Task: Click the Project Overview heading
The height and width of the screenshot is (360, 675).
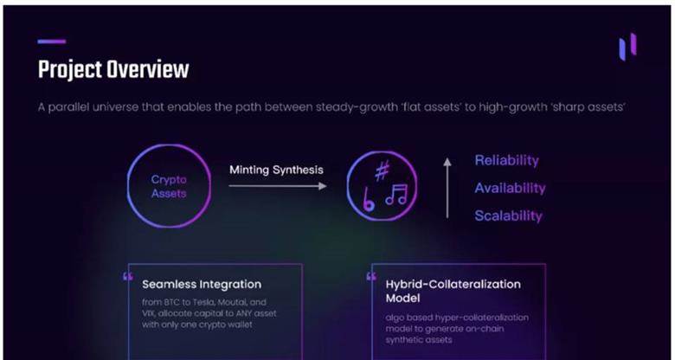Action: (113, 70)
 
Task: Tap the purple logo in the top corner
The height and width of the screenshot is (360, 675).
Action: (627, 47)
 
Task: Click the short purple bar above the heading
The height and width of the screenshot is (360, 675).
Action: (52, 42)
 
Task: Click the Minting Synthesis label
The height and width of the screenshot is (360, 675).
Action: (276, 170)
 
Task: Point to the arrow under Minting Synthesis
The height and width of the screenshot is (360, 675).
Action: (278, 186)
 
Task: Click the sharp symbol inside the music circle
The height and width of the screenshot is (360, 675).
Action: (382, 170)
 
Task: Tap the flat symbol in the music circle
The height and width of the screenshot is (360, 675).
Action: (368, 199)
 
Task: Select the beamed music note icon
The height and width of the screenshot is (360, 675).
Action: (396, 195)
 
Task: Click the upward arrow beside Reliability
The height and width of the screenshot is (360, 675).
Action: (447, 188)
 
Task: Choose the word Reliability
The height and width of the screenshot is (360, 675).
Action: (506, 161)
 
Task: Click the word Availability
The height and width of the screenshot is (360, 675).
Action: (510, 188)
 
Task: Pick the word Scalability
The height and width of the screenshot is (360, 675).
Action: (508, 215)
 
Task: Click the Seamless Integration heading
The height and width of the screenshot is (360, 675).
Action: (202, 285)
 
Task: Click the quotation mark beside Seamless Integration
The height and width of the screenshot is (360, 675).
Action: (128, 276)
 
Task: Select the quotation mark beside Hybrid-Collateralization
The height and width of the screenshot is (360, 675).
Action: (371, 276)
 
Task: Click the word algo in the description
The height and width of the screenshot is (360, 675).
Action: (395, 318)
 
